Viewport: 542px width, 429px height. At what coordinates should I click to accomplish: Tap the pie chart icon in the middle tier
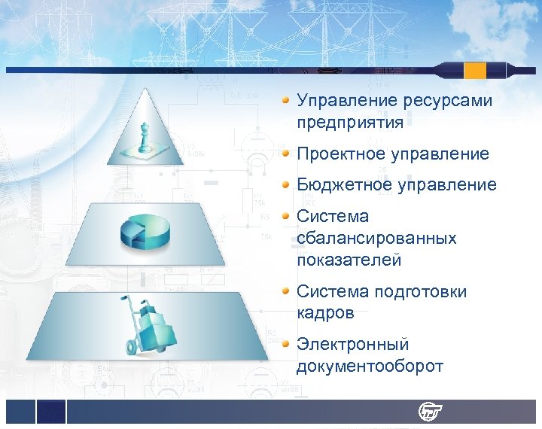(148, 233)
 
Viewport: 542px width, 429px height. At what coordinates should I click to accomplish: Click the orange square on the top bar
(475, 71)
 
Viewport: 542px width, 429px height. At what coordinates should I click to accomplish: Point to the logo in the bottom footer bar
(431, 412)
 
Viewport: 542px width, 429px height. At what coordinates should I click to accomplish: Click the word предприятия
(349, 121)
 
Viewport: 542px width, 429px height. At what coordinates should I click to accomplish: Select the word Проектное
(340, 154)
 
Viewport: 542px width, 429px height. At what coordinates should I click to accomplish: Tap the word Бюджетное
(343, 184)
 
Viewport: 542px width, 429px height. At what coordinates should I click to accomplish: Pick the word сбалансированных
(376, 238)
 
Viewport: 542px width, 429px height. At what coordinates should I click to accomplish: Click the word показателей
(349, 260)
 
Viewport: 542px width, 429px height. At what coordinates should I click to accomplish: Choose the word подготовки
(421, 291)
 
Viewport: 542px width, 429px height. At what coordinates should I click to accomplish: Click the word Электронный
(352, 345)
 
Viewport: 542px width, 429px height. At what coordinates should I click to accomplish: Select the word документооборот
(370, 367)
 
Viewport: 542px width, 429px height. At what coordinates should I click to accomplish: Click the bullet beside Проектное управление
(286, 154)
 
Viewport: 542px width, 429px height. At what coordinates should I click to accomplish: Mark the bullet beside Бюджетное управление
(286, 184)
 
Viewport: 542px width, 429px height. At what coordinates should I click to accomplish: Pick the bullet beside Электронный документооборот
(286, 345)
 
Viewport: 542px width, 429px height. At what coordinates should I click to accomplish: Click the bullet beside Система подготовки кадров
(286, 291)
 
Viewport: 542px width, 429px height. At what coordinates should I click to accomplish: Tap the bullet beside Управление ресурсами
(286, 100)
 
